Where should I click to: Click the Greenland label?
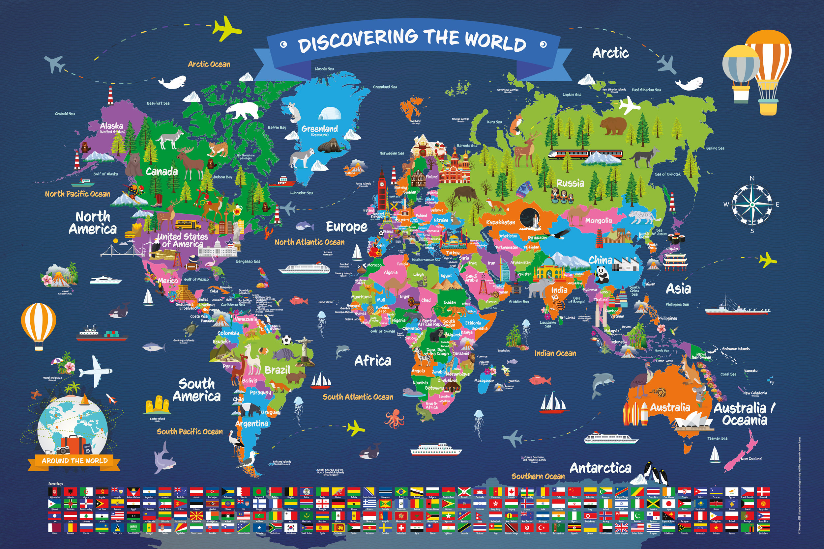319,128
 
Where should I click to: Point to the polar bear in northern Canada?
243,110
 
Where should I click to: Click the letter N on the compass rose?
752,178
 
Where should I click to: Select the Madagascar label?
484,381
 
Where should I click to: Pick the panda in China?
602,274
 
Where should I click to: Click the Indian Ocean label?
555,353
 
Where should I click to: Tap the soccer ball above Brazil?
286,340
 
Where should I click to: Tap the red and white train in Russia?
585,154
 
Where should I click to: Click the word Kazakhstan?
501,222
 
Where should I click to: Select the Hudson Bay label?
222,177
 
